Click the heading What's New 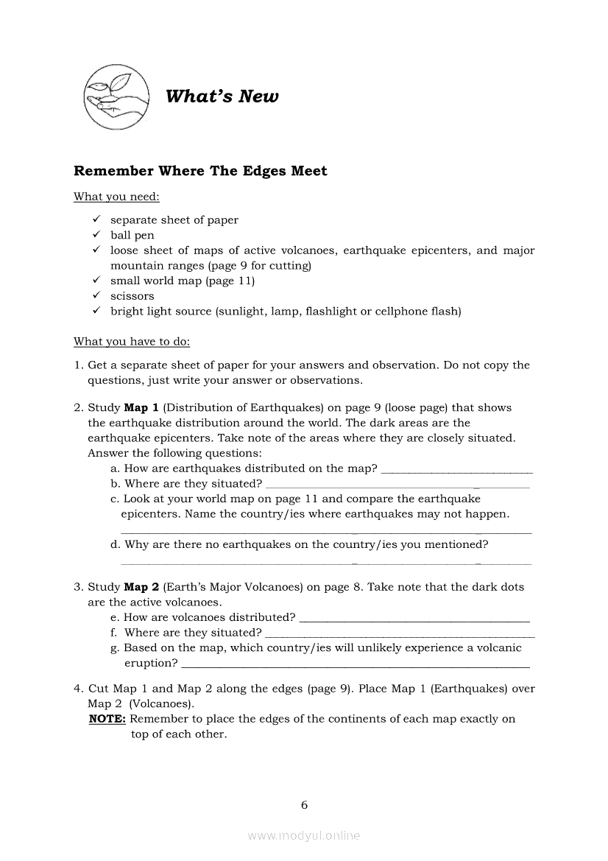coord(222,96)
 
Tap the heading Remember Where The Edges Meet coord(200,171)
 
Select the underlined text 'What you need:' coord(116,197)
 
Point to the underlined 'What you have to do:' coord(132,342)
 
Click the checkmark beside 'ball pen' coord(96,235)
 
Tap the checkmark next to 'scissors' coord(96,295)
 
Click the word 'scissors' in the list coord(132,296)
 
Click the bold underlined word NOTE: coord(107,719)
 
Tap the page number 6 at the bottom coord(304,805)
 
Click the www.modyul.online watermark coord(304,836)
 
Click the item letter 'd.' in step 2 coord(115,545)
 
